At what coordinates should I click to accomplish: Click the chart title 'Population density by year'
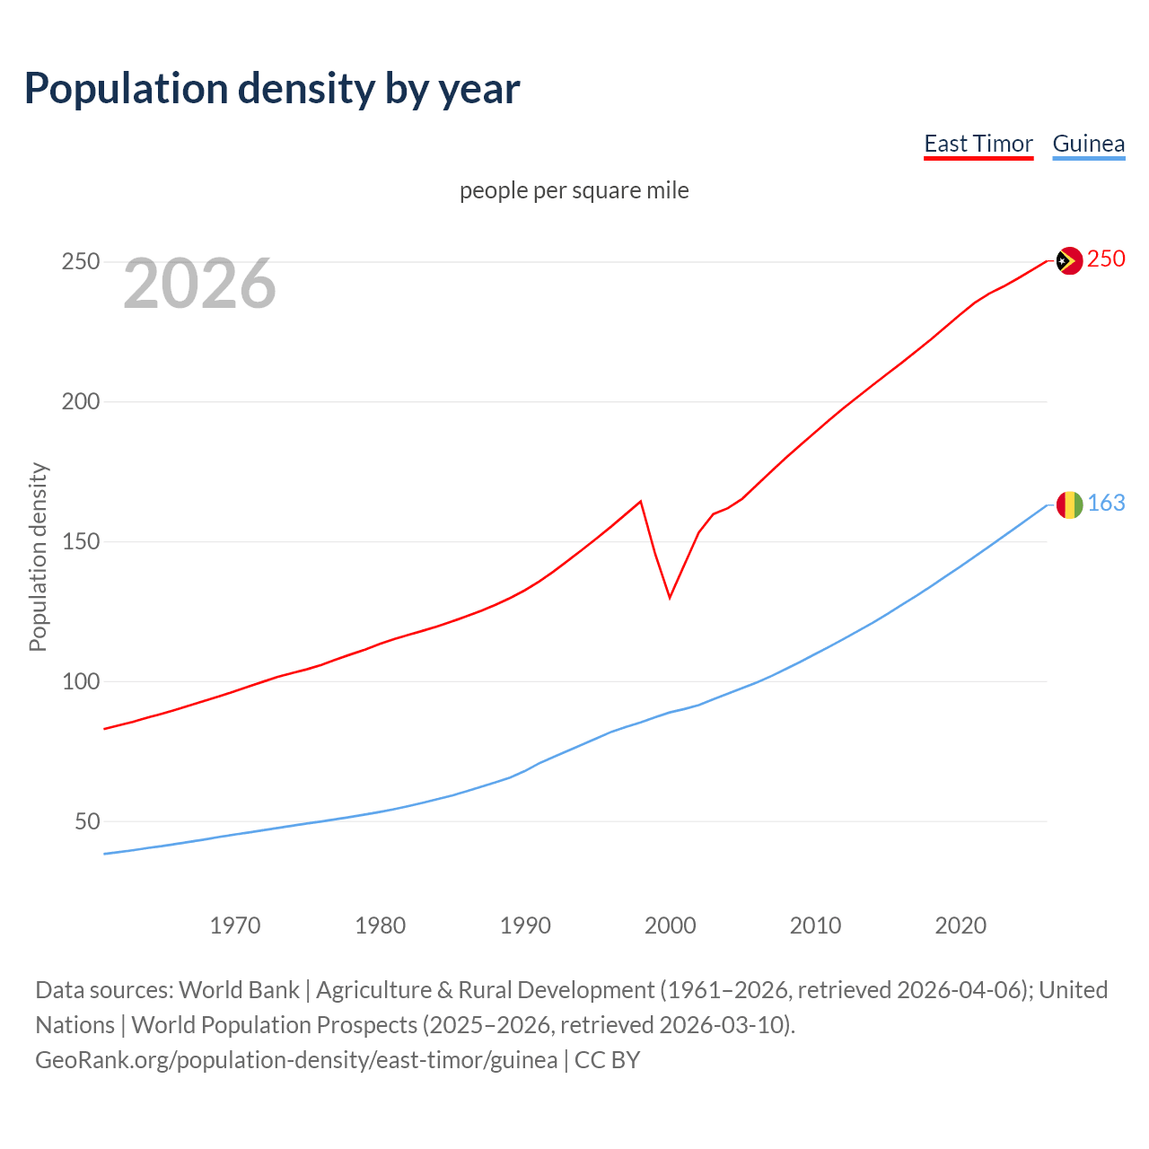pos(272,88)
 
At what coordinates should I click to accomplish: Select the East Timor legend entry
pos(978,144)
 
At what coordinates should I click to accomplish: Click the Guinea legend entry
pos(1088,144)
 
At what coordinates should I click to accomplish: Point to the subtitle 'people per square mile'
pos(574,190)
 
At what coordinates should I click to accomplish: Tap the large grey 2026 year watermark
pos(199,284)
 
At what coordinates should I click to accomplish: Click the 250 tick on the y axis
pos(80,262)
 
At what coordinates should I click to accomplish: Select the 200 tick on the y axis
pos(80,401)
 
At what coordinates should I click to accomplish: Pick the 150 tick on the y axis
pos(80,541)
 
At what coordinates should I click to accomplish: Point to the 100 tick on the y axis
pos(80,681)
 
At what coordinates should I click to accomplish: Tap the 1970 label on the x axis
pos(235,925)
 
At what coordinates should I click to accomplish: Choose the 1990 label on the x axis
pos(525,925)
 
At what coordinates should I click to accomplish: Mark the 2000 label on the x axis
pos(671,925)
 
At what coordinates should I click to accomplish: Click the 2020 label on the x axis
pos(960,925)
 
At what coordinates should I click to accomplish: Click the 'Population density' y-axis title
pos(38,557)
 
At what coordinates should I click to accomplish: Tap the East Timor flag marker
pos(1069,260)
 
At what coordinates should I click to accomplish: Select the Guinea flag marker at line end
pos(1069,504)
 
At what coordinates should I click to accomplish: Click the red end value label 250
pos(1106,259)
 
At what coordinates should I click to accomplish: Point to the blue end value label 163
pos(1106,504)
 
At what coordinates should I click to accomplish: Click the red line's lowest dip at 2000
pos(670,597)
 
